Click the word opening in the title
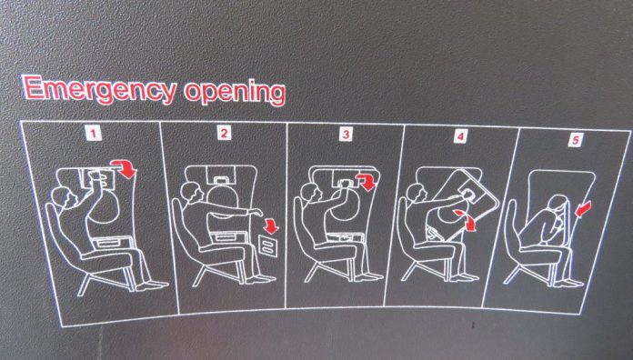click(x=235, y=93)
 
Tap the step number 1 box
click(x=94, y=133)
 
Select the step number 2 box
click(x=224, y=133)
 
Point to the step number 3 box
click(x=346, y=134)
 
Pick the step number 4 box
click(x=460, y=136)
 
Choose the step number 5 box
click(x=575, y=140)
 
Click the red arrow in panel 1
click(x=126, y=167)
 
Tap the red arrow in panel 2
click(x=270, y=225)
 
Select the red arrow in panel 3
click(x=367, y=181)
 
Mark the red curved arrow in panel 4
click(x=467, y=219)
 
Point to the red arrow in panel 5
click(x=583, y=209)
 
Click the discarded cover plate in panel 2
click(x=268, y=246)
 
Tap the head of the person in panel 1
click(x=63, y=198)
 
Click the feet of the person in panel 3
click(x=369, y=276)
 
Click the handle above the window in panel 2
click(x=220, y=180)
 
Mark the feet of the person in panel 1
click(x=152, y=285)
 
